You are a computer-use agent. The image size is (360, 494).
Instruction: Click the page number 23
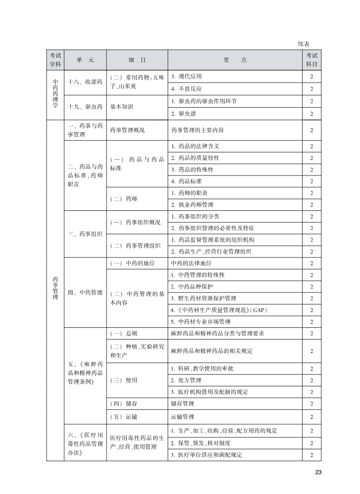pyautogui.click(x=318, y=472)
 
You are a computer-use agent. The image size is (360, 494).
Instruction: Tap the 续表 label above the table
pyautogui.click(x=304, y=44)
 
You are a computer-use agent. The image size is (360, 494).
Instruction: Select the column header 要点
pyautogui.click(x=235, y=60)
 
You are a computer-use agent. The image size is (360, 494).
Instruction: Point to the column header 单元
pyautogui.click(x=85, y=60)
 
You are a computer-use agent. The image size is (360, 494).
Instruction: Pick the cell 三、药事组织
pyautogui.click(x=85, y=234)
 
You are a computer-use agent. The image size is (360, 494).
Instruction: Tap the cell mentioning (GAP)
pyautogui.click(x=219, y=310)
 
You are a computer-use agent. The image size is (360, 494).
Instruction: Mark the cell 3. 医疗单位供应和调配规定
pyautogui.click(x=206, y=455)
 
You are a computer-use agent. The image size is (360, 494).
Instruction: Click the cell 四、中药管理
pyautogui.click(x=85, y=292)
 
